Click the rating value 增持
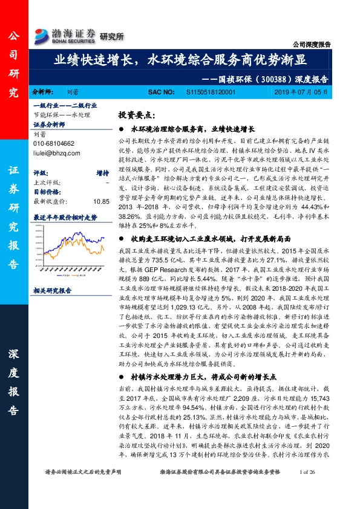click(102, 172)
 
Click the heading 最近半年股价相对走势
click(65, 216)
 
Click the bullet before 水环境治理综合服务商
click(122, 129)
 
